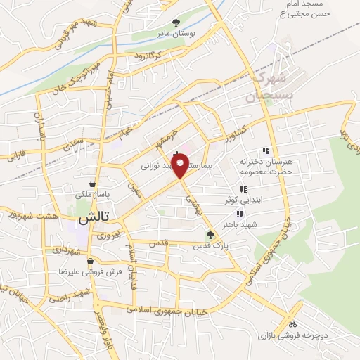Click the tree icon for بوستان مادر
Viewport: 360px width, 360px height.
(176, 22)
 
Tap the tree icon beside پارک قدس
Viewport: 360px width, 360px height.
(210, 235)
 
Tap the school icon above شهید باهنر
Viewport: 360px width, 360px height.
(240, 214)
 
